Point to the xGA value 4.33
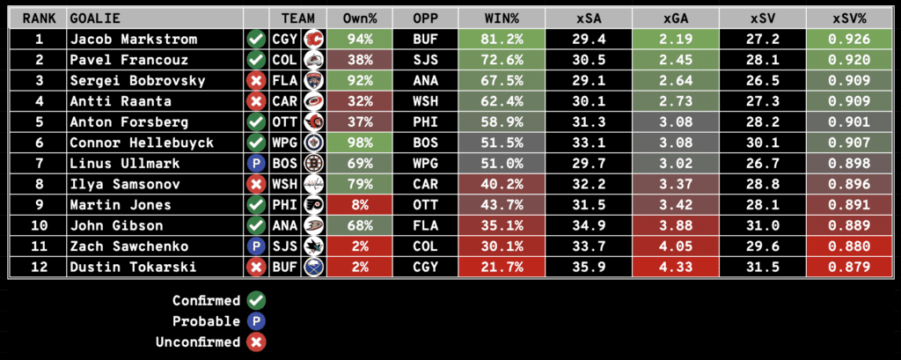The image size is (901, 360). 675,268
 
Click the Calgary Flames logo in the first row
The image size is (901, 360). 312,40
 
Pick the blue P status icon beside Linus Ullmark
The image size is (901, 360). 256,162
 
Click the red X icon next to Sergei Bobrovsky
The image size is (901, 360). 256,81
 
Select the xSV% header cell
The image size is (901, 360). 849,18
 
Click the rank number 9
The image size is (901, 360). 38,204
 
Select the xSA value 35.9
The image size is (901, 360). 588,268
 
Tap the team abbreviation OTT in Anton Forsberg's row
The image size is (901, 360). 286,121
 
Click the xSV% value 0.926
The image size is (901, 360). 849,40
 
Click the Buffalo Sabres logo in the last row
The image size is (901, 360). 312,268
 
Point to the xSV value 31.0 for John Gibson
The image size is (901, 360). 762,225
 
